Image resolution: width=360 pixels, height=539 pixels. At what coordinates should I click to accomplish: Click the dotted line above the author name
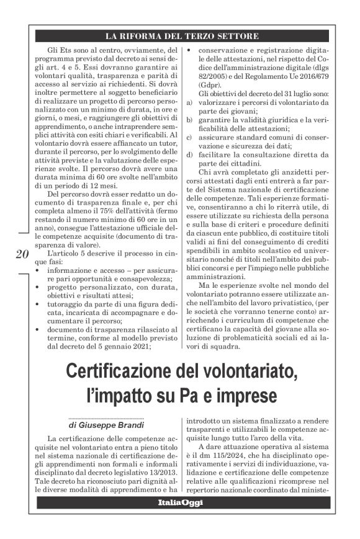click(106, 419)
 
